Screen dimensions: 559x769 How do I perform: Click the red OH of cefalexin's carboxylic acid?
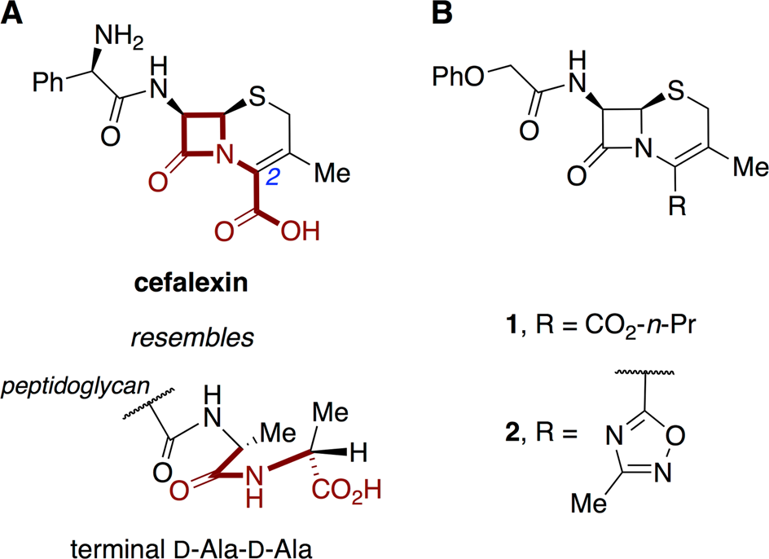pos(301,232)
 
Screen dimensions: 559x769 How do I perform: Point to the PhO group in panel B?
pos(461,78)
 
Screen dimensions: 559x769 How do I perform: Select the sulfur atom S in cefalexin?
pos(261,104)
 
